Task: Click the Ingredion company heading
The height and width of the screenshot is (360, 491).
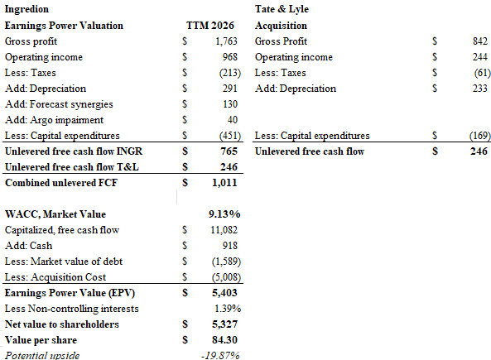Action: tap(26, 9)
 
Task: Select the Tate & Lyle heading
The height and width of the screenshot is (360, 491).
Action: tap(282, 9)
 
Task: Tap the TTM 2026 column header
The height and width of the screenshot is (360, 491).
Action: tap(210, 26)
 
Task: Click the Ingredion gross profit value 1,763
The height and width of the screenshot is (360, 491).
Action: tap(226, 41)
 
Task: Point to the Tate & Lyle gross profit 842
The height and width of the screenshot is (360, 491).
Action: tap(480, 41)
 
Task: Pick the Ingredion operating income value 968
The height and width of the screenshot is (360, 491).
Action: tap(230, 57)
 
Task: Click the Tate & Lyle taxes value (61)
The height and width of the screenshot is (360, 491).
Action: tap(482, 73)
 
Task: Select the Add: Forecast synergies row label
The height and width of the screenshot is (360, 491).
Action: tap(59, 104)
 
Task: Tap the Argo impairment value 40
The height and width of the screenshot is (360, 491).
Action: tap(233, 120)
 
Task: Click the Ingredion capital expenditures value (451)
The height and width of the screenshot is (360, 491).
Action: tap(230, 136)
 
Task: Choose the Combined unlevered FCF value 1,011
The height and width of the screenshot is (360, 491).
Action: tap(224, 183)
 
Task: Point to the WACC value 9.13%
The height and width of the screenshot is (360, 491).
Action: tap(224, 214)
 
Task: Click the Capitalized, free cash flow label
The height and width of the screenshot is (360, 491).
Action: tap(62, 230)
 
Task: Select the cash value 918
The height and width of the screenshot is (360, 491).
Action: tap(230, 246)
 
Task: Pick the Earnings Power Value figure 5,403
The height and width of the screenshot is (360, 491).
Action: tap(224, 293)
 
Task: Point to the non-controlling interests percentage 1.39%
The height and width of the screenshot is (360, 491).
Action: tap(228, 309)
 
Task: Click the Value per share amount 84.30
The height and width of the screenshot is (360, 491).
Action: tap(224, 340)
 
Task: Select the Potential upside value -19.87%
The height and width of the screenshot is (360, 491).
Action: tap(221, 356)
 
